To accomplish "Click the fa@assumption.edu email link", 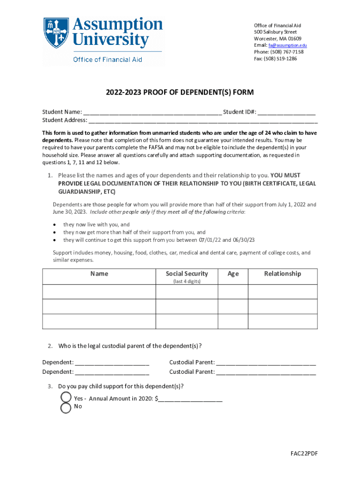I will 287,45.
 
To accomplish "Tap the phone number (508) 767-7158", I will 286,52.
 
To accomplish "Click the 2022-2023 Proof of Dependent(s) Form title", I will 180,93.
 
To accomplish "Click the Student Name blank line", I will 152,113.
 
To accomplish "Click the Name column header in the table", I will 99,274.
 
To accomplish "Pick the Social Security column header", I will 187,274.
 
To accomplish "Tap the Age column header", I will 233,274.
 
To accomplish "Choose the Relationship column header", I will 282,274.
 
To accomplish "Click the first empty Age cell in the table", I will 233,291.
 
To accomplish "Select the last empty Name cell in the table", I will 99,321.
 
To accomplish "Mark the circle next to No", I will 66,407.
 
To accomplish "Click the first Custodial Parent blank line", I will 266,363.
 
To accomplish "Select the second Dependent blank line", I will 112,372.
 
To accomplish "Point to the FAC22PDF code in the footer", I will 303,454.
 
